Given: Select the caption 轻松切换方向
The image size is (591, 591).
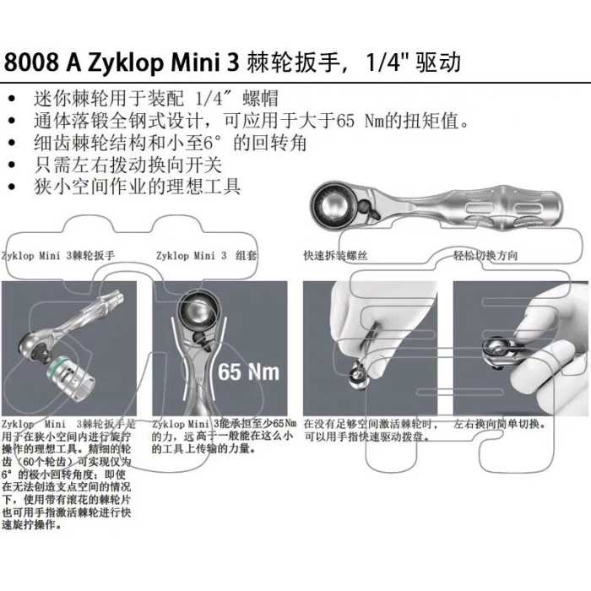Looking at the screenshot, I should (485, 256).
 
